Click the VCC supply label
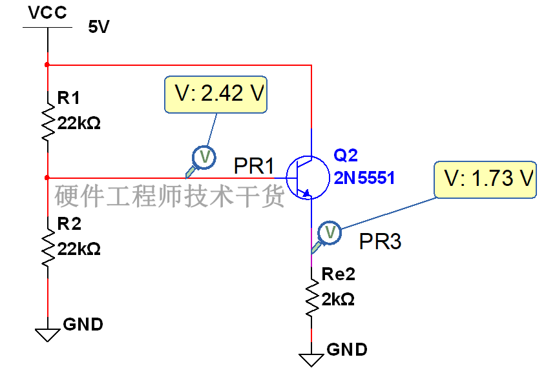coord(47,12)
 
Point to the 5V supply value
coord(99,26)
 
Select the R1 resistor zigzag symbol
coord(48,122)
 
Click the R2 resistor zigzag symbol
coord(48,248)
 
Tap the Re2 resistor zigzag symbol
coord(311,298)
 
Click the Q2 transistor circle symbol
coord(308,178)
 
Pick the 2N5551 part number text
coord(364,178)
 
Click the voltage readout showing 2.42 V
coord(216,95)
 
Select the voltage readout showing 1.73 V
coord(485,179)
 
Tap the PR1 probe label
coord(254,166)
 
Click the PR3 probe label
coord(380,241)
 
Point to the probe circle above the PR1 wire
coord(204,158)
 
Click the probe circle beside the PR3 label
coord(330,232)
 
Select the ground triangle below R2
coord(48,335)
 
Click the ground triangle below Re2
coord(311,360)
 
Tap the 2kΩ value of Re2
coord(338,300)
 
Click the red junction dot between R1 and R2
coord(47,178)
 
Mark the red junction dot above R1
coord(47,65)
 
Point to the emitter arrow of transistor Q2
coord(307,193)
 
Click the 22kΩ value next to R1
coord(79,123)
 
